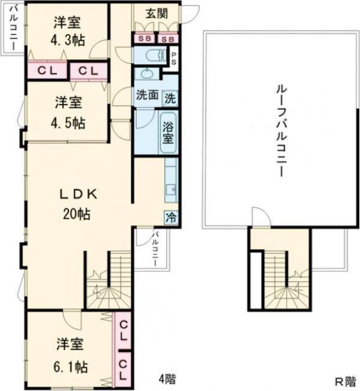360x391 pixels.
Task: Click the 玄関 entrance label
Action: click(x=156, y=13)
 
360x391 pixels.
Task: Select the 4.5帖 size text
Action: click(x=68, y=122)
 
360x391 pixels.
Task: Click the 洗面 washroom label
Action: click(x=147, y=96)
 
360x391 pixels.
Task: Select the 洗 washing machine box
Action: click(x=171, y=96)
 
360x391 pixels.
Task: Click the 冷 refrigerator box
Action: click(x=172, y=217)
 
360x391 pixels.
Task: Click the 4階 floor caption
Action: click(x=166, y=378)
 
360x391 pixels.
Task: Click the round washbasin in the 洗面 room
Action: click(x=145, y=76)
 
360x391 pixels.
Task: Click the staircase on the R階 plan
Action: click(x=280, y=281)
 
